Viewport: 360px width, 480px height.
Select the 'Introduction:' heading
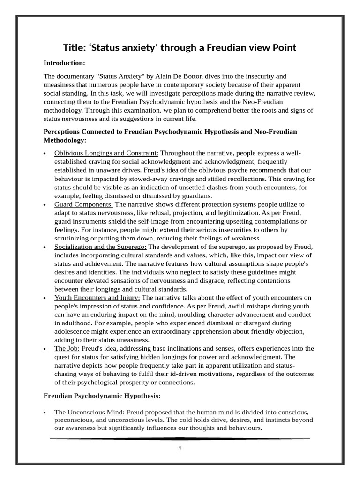click(x=65, y=62)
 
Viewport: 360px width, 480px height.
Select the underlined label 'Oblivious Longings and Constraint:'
click(x=106, y=153)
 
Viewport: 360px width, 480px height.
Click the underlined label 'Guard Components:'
click(x=83, y=204)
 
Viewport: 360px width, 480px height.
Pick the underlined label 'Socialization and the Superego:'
click(x=100, y=247)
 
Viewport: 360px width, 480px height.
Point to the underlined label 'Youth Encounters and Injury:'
click(x=97, y=298)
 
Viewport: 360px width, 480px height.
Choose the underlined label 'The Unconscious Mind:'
click(x=89, y=412)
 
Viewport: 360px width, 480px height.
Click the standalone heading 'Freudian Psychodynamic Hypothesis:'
click(x=102, y=396)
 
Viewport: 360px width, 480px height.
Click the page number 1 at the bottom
click(x=180, y=448)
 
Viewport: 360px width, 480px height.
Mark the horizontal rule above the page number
click(x=180, y=439)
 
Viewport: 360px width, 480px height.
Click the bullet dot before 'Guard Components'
click(x=45, y=205)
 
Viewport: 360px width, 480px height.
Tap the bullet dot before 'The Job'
click(x=45, y=349)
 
